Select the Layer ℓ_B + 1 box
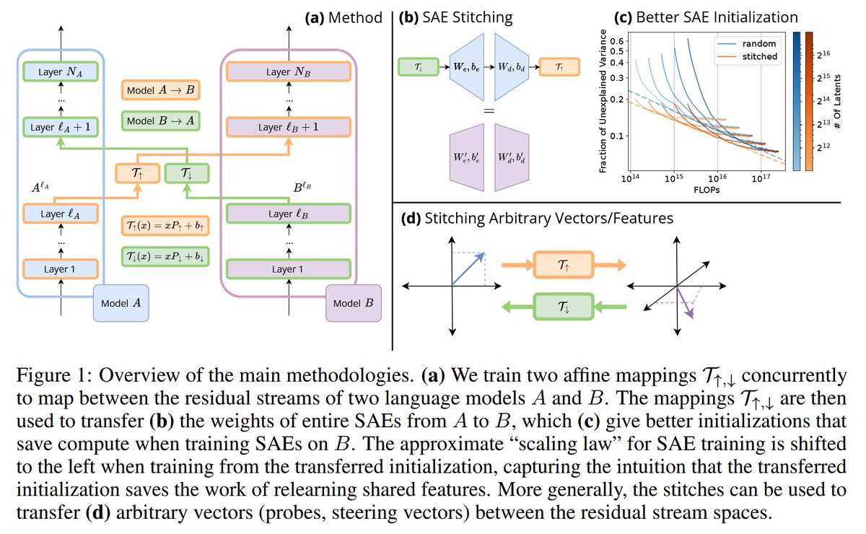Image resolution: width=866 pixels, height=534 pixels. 288,127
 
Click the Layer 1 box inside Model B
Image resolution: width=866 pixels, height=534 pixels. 288,268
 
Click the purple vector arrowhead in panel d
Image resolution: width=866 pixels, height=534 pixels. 691,313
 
